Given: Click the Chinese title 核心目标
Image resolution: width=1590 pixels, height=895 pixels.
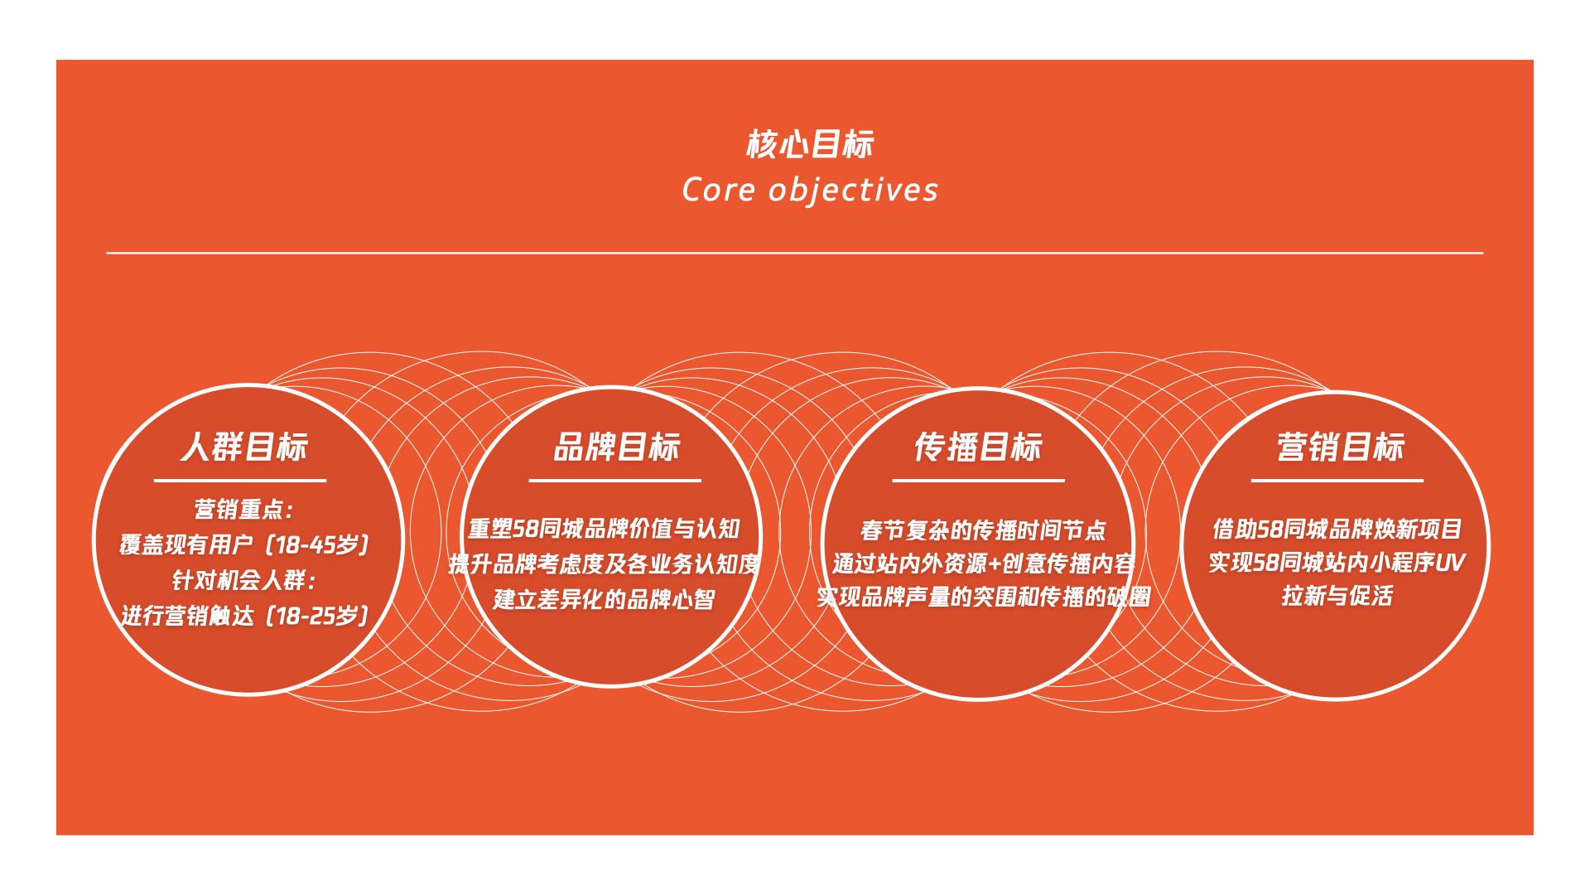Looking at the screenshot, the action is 810,144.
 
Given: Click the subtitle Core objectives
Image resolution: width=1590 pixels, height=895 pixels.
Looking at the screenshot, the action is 810,190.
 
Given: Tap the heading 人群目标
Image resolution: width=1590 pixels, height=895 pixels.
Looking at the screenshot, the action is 244,447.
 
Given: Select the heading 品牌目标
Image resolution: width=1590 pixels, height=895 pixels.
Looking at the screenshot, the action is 617,447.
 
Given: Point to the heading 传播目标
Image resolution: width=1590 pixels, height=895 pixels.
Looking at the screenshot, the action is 978,447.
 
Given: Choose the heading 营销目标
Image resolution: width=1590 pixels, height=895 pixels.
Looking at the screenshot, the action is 1341,447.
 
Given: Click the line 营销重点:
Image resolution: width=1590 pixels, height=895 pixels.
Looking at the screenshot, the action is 244,509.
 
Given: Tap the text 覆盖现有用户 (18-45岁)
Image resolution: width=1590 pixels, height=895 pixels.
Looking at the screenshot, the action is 244,544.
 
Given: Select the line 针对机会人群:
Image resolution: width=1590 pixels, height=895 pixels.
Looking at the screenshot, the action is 244,580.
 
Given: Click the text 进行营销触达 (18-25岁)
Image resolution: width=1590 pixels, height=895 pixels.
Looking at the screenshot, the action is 244,616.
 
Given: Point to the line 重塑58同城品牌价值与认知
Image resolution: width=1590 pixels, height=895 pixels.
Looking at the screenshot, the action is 604,529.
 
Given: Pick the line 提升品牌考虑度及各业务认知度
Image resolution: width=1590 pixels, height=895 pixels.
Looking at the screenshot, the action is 604,564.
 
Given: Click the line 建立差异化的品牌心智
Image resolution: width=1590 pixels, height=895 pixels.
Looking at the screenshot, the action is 604,599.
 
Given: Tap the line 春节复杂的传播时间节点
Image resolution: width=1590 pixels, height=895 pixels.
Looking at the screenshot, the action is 983,530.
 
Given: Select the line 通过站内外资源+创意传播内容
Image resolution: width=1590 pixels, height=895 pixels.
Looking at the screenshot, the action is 983,564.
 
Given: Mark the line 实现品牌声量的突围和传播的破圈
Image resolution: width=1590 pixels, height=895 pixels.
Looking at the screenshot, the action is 983,597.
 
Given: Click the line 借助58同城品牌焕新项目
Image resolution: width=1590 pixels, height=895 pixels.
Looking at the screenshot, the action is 1337,529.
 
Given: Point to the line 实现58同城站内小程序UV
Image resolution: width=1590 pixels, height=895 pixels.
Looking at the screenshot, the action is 1337,563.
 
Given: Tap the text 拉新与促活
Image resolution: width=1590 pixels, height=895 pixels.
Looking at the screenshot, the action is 1337,596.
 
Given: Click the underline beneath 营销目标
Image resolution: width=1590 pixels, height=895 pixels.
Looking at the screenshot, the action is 1337,481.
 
